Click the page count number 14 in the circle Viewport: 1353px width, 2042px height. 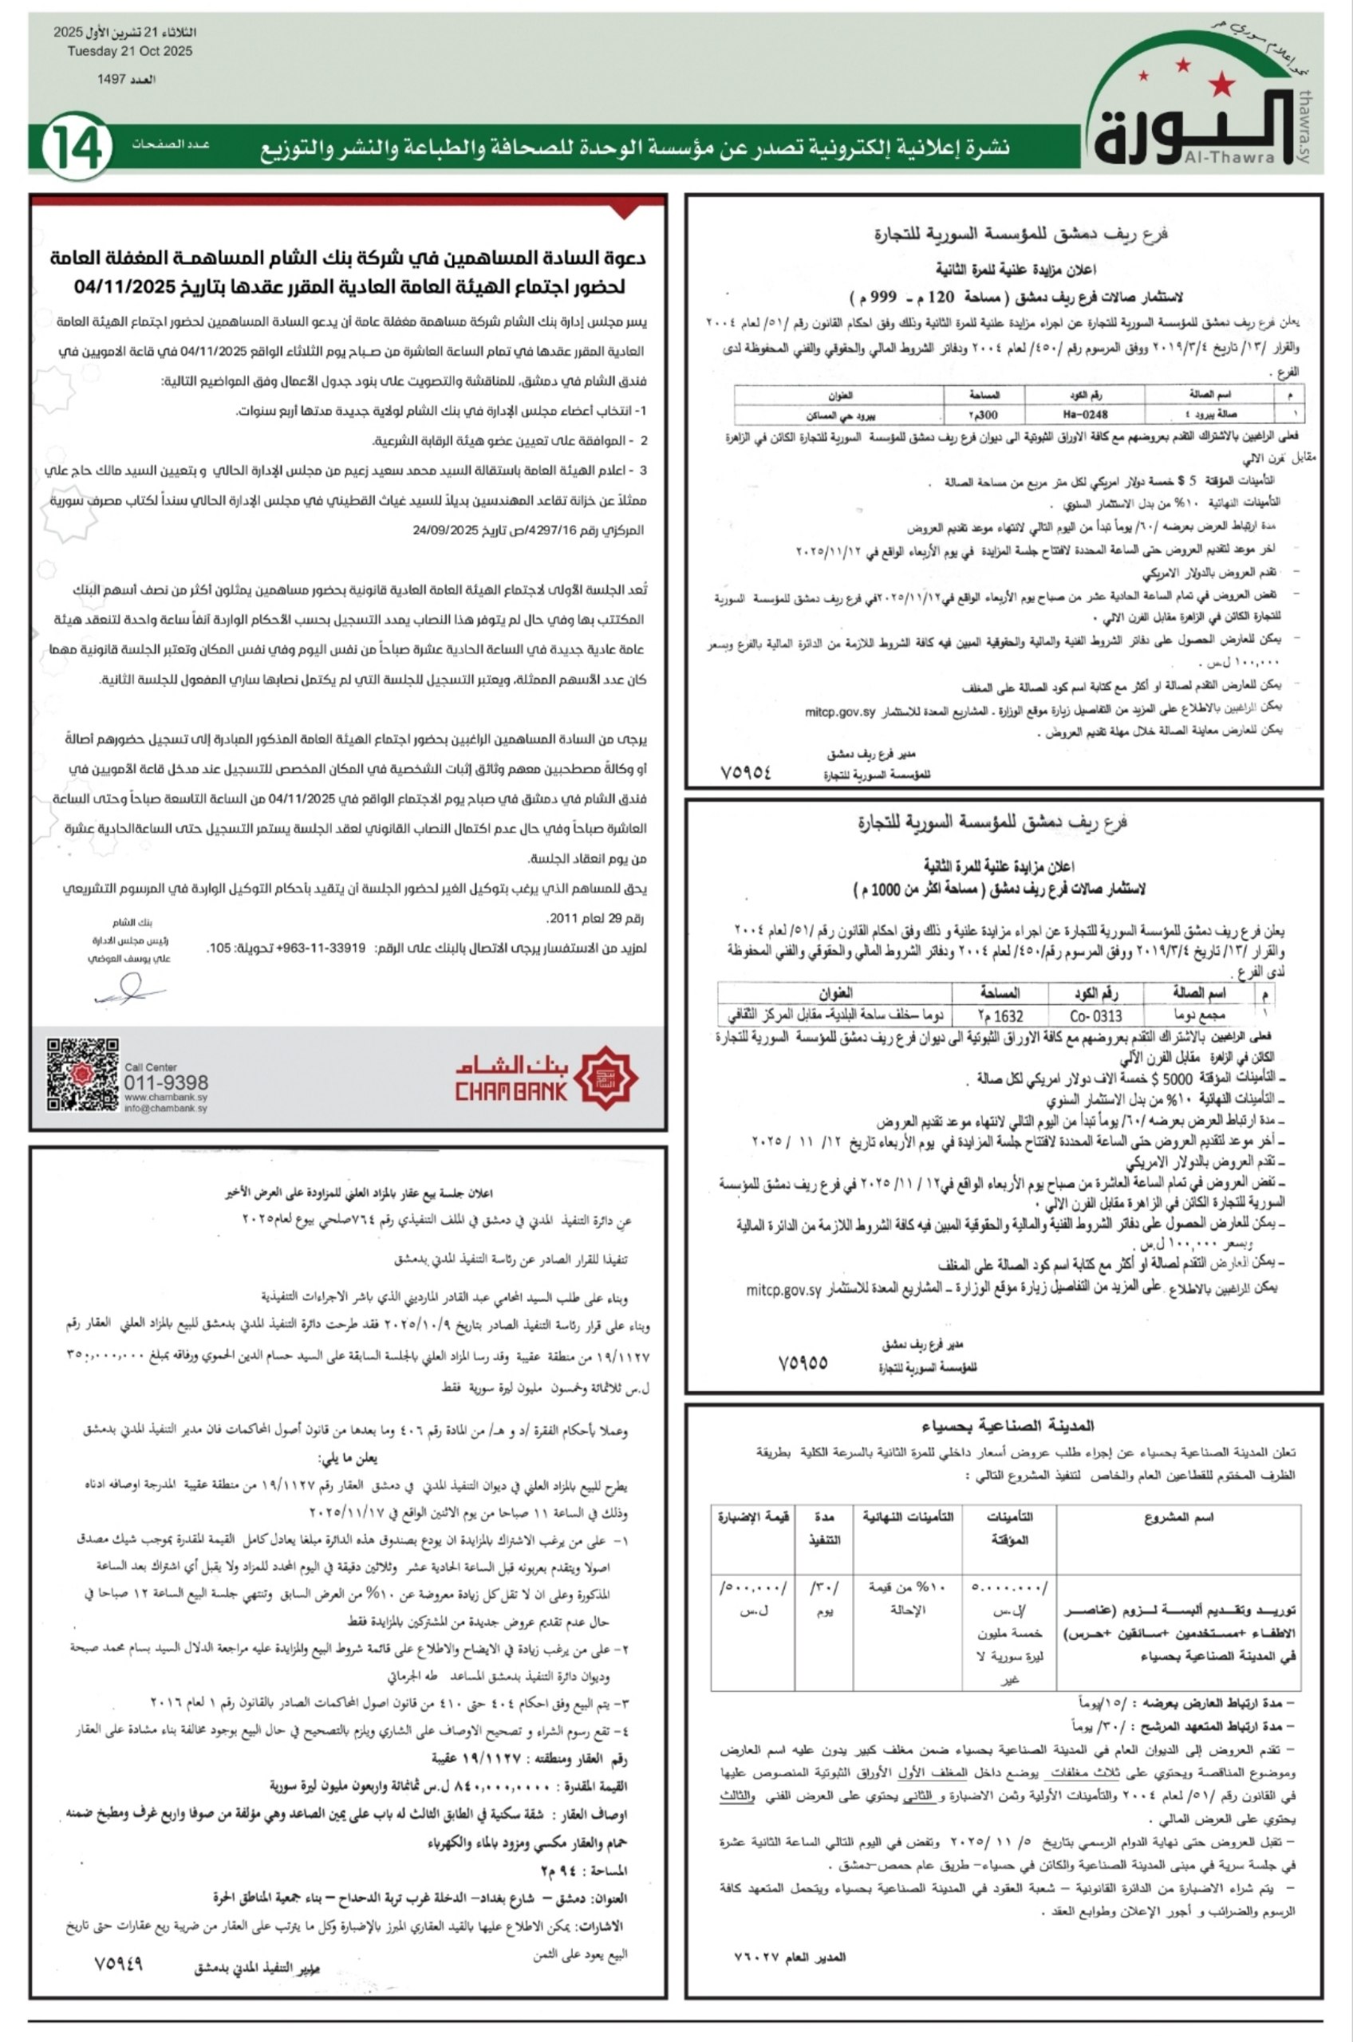(x=77, y=148)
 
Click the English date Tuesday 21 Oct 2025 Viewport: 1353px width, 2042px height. (x=129, y=51)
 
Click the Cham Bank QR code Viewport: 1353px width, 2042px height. (x=82, y=1074)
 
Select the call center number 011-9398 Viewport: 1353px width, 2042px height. (x=166, y=1083)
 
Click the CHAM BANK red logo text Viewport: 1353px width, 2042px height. (x=511, y=1092)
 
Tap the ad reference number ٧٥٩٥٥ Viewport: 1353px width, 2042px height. (x=803, y=1362)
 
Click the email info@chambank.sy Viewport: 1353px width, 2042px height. (x=166, y=1109)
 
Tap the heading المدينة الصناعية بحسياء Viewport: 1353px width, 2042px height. (x=1007, y=1426)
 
